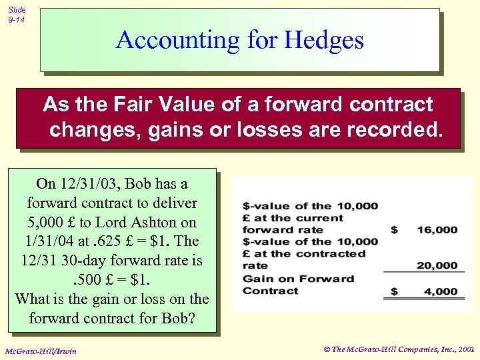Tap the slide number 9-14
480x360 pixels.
coord(17,21)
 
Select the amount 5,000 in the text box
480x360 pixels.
coord(48,222)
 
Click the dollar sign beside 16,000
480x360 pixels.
coord(394,230)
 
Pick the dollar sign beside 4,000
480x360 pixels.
coord(394,291)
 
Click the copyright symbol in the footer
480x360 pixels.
coord(327,348)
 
